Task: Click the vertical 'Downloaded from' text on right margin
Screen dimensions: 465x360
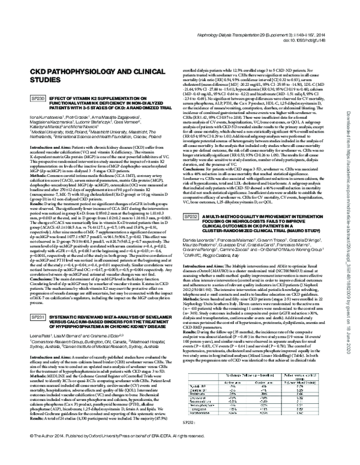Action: coord(352,120)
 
